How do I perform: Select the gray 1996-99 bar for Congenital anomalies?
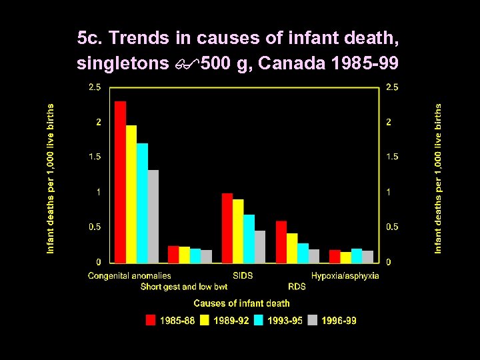(153, 217)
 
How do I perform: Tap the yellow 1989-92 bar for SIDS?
(238, 231)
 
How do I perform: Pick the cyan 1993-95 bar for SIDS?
(249, 239)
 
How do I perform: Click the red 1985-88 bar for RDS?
(281, 241)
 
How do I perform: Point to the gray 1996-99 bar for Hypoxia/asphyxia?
(367, 257)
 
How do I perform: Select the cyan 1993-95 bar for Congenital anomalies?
(142, 203)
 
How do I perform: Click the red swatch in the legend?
(151, 321)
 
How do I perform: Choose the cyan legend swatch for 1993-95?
(259, 321)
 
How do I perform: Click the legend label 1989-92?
(231, 321)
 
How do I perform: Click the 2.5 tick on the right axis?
(393, 87)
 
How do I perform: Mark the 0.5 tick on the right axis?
(393, 227)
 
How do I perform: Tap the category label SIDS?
(243, 275)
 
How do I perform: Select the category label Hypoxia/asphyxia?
(345, 275)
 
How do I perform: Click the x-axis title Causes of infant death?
(241, 303)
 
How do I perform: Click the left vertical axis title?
(51, 177)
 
